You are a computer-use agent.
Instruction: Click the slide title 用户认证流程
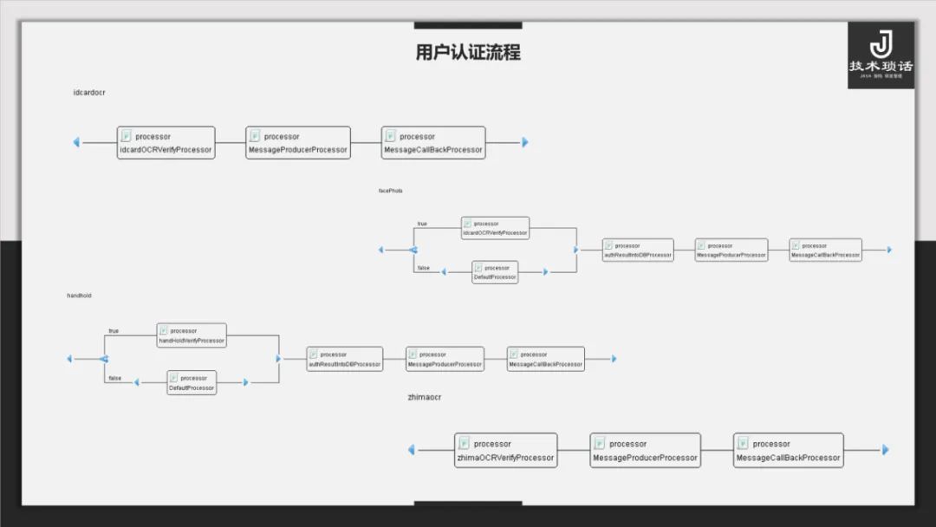468,52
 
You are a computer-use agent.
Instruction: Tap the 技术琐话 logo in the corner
881,55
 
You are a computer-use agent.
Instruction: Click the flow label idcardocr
89,93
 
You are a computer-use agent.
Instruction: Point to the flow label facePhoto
390,191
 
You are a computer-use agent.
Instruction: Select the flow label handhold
79,296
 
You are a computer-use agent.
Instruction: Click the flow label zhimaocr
425,397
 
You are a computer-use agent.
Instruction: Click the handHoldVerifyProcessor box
192,335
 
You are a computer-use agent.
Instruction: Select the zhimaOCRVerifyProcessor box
505,451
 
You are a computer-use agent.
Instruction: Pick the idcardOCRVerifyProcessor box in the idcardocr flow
166,143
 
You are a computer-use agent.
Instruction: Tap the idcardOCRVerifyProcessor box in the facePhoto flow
495,228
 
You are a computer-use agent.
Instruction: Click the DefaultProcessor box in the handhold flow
192,383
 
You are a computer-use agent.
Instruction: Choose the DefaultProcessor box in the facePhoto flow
495,272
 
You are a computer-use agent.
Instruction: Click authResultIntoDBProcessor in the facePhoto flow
638,250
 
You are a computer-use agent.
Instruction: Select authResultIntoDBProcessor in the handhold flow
344,359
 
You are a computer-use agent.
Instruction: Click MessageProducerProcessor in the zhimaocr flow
645,451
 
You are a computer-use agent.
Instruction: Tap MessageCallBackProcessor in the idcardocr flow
432,143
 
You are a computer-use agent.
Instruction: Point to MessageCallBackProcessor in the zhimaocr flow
788,451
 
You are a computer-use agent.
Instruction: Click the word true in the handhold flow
114,331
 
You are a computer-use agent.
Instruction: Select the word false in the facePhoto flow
423,268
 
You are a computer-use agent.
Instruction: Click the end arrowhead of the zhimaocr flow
885,450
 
